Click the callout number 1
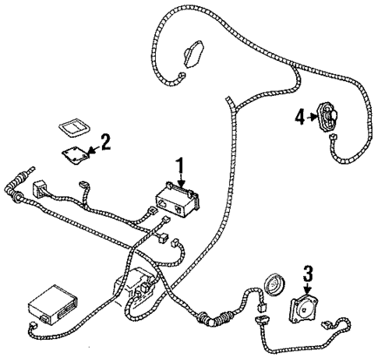[x=180, y=166]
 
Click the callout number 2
[x=106, y=142]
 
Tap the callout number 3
[x=308, y=274]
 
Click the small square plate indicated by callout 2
[x=76, y=154]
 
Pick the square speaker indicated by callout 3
[x=306, y=309]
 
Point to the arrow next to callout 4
[x=313, y=118]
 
